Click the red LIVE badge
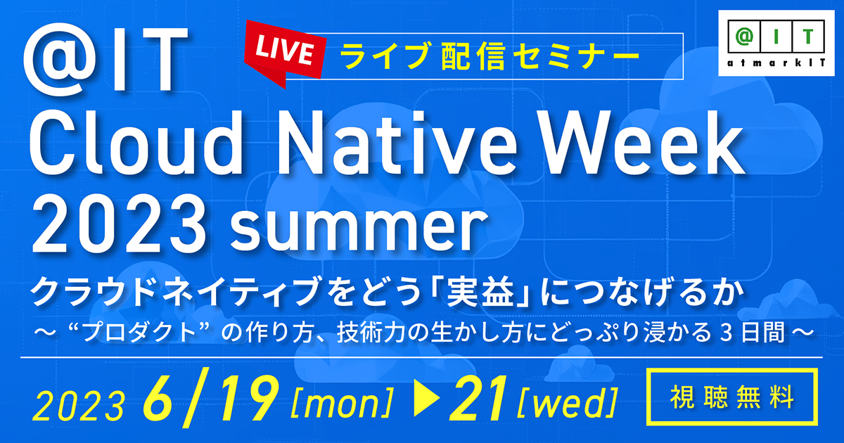[284, 53]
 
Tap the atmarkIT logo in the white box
[776, 44]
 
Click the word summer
[357, 229]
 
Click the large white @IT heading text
[106, 60]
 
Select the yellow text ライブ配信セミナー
[490, 56]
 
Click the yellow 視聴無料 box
[732, 397]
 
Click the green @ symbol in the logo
[744, 36]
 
